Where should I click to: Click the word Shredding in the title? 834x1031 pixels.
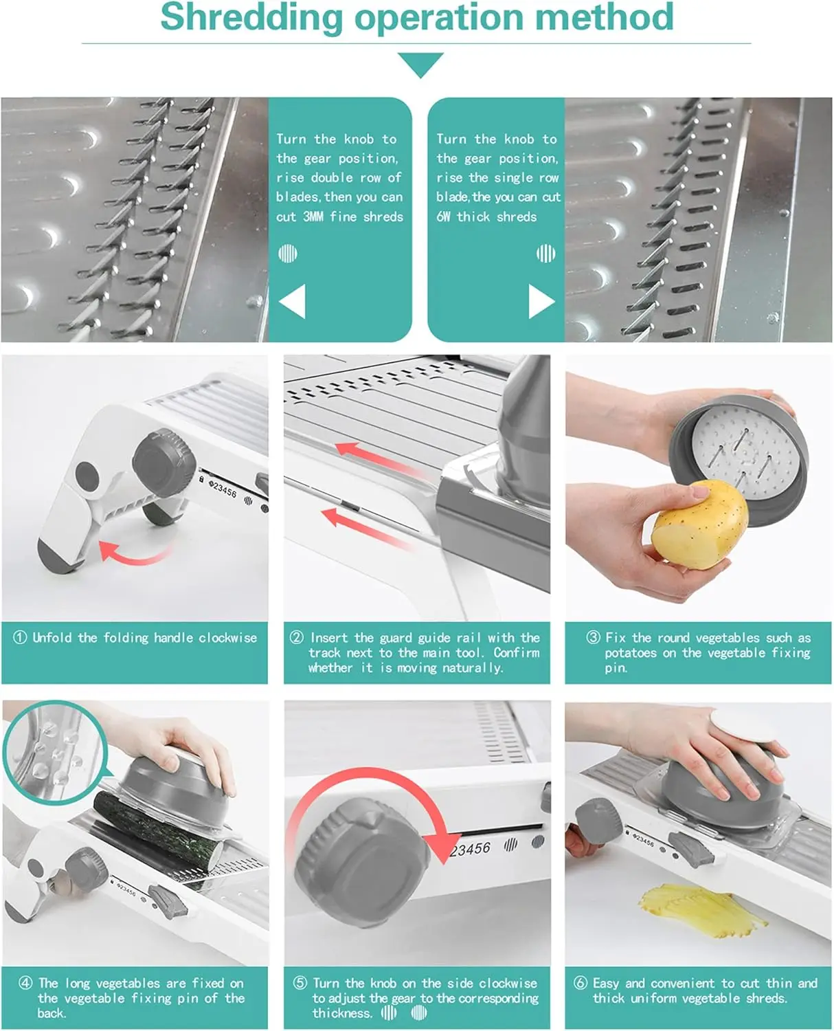251,18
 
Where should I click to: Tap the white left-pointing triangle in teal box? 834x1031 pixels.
293,302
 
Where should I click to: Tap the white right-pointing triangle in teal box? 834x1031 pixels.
541,302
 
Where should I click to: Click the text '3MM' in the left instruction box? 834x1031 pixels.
313,217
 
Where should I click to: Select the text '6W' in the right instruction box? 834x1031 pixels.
444,217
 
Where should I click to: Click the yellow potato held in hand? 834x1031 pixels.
699,524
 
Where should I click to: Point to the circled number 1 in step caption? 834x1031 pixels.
20,637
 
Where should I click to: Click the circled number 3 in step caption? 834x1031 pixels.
593,637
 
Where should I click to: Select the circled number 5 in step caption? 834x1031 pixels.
300,983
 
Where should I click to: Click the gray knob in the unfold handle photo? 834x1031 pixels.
157,454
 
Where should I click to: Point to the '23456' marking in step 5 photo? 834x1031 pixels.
471,850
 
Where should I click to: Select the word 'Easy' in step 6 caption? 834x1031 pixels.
606,983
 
